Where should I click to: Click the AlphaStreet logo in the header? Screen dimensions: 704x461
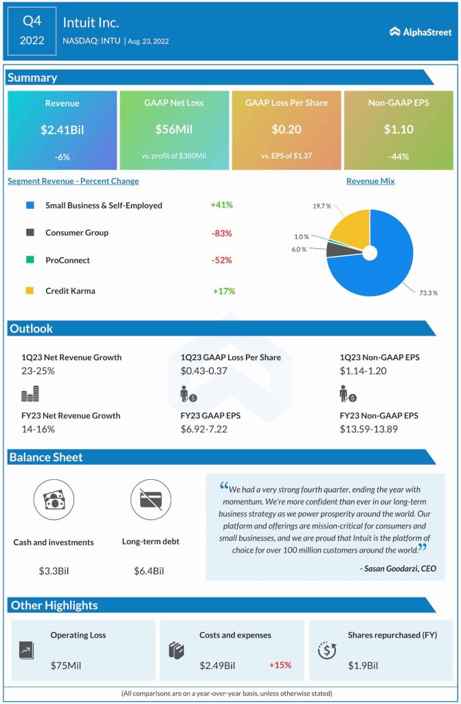419,31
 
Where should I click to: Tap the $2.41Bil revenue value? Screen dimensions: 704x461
62,129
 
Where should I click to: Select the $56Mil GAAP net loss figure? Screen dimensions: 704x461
174,129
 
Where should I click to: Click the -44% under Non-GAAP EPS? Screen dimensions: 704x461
398,156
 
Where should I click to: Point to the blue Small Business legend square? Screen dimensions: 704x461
30,206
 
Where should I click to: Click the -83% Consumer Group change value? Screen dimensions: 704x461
222,233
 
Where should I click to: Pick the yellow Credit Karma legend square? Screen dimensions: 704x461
30,291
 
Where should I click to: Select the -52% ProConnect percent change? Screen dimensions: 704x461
222,261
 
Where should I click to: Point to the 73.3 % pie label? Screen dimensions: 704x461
427,293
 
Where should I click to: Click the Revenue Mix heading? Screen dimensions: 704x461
370,181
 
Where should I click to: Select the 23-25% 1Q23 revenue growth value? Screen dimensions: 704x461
38,371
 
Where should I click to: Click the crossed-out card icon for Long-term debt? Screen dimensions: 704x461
150,500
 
